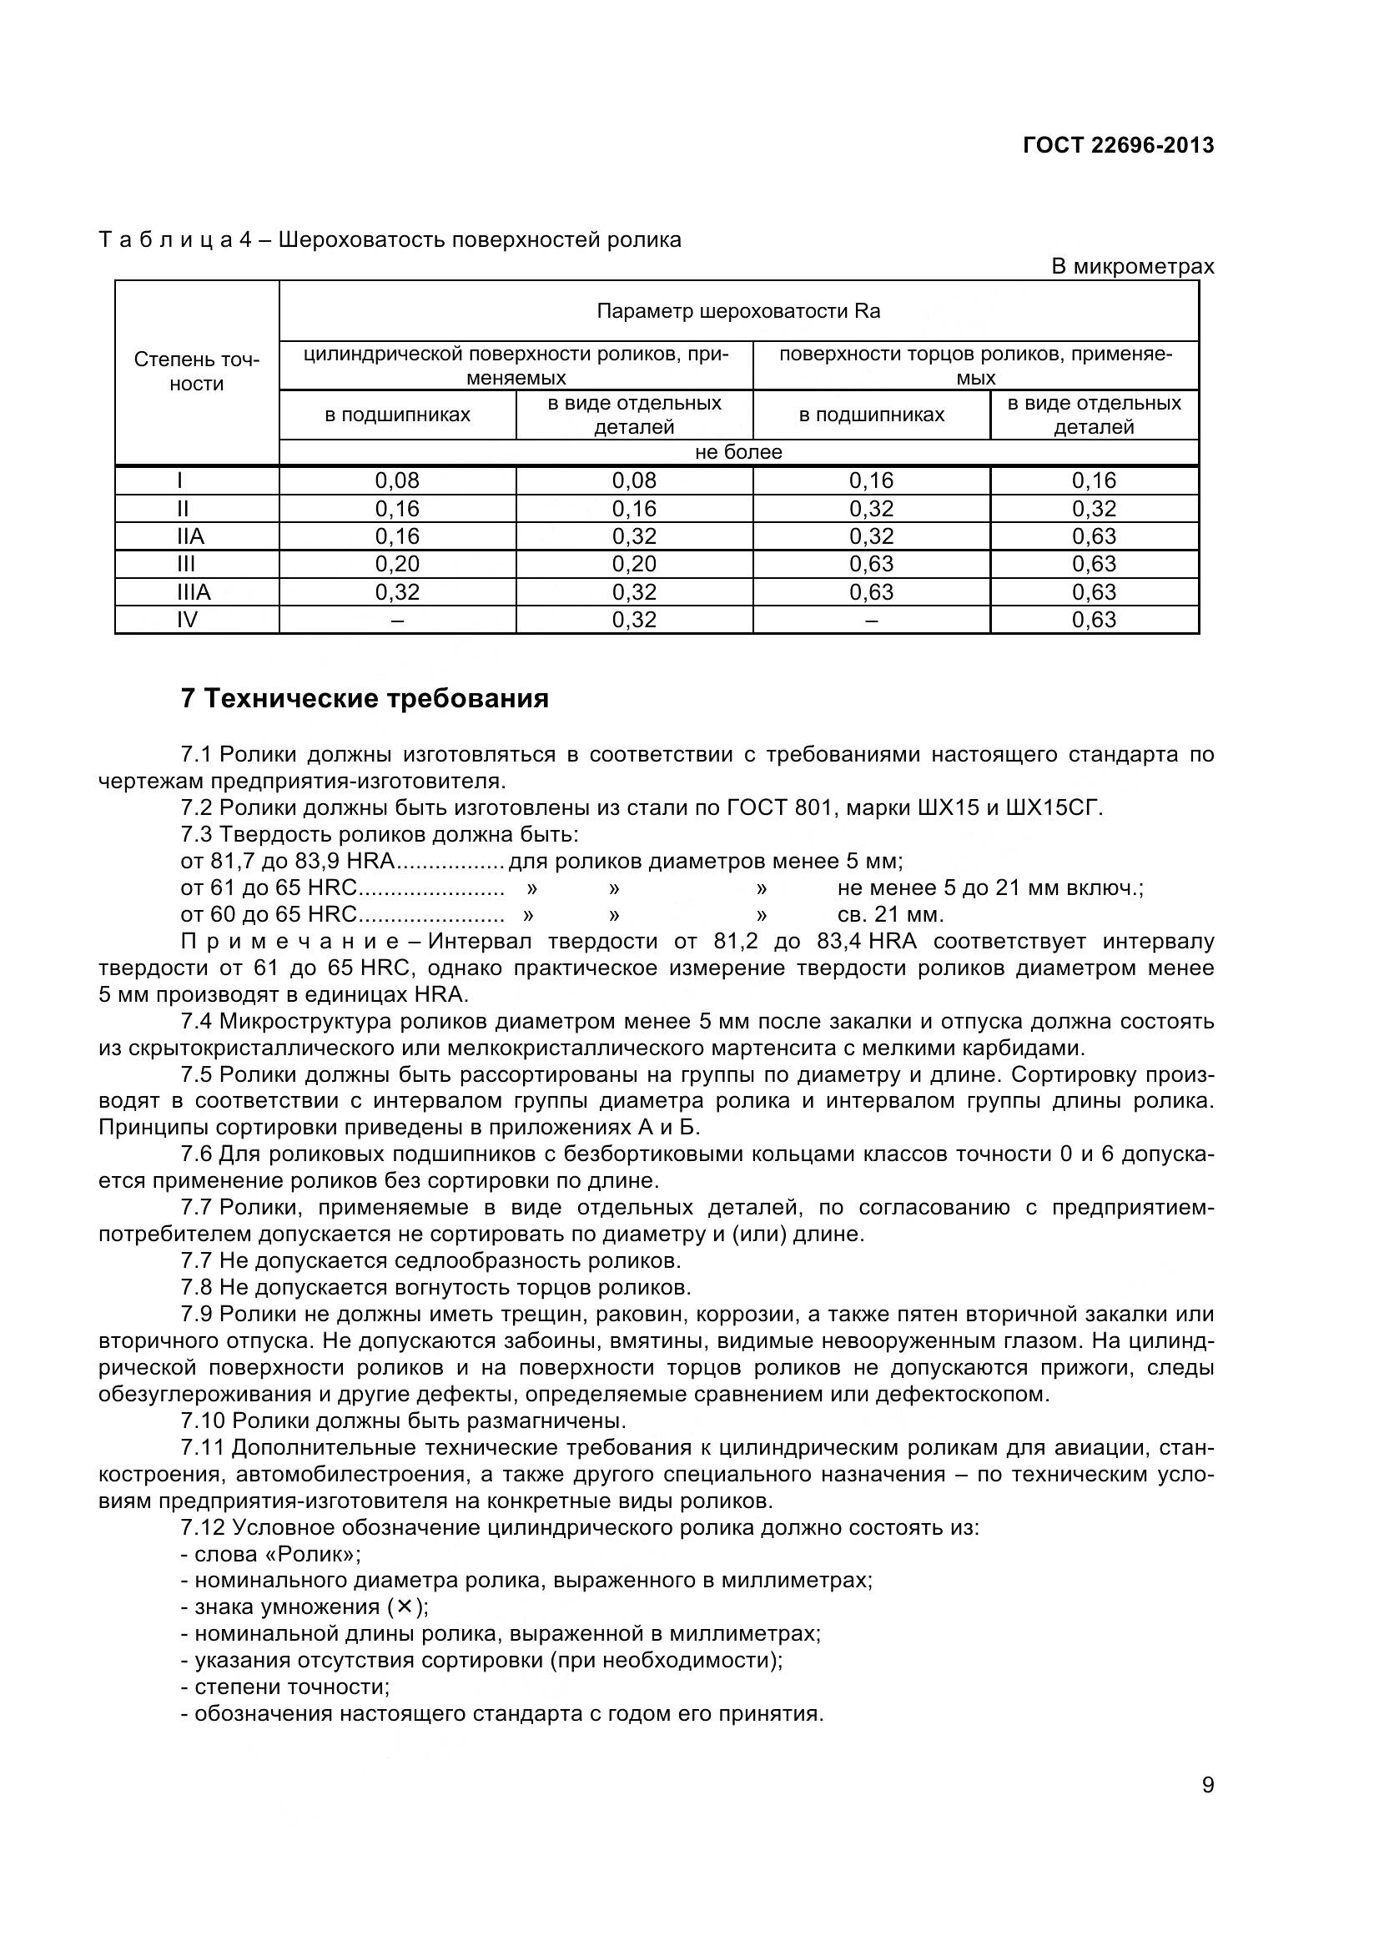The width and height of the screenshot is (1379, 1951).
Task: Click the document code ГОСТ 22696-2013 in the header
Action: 1118,145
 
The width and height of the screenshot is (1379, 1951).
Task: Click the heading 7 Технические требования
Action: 365,698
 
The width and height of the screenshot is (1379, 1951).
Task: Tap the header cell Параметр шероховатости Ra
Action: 738,311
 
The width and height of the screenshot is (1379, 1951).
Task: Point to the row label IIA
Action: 190,536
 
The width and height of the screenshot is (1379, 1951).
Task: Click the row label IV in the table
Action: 187,620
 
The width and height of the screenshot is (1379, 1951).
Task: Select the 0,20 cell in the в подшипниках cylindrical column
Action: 397,564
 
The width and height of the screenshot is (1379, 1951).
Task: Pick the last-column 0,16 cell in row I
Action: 1094,481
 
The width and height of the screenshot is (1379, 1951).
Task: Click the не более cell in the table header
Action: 738,452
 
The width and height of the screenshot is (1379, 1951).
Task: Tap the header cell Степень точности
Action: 196,371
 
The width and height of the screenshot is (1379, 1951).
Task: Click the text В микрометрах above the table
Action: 1133,267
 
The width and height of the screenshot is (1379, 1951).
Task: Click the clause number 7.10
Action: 202,1421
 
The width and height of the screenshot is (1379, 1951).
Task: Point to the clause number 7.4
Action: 196,1022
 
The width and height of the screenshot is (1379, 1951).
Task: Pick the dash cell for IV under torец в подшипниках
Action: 871,621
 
